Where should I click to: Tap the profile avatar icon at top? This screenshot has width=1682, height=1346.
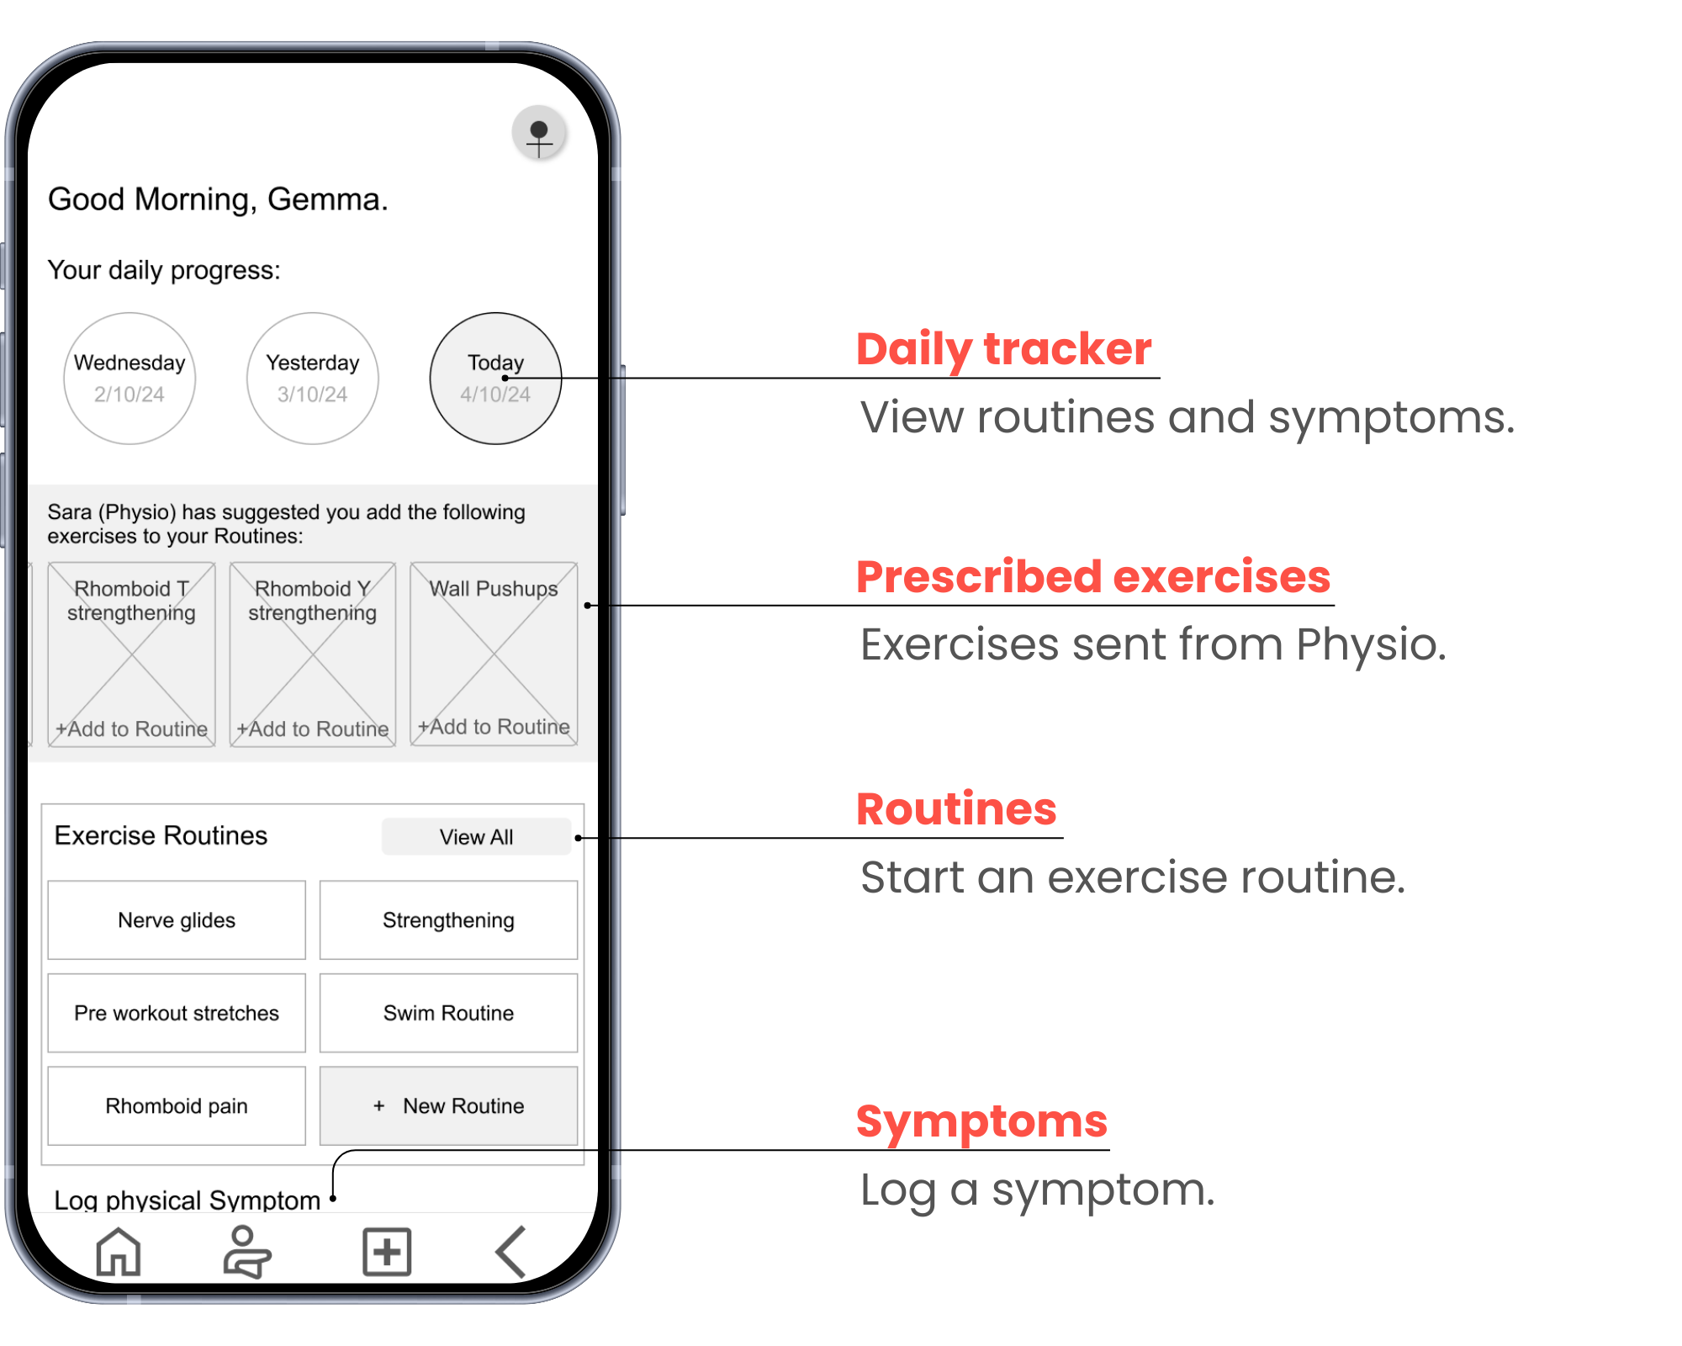pyautogui.click(x=539, y=133)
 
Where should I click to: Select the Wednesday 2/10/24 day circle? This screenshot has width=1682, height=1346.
pyautogui.click(x=130, y=379)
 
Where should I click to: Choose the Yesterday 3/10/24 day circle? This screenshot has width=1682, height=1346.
pyautogui.click(x=313, y=379)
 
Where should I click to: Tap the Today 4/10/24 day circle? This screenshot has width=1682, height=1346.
pyautogui.click(x=495, y=379)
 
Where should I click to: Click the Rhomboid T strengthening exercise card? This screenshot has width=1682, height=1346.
pyautogui.click(x=131, y=654)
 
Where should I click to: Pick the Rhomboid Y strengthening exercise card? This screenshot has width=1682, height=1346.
pyautogui.click(x=313, y=654)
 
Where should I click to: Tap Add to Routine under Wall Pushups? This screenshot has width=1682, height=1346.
pyautogui.click(x=495, y=727)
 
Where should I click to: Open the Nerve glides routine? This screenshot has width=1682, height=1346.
pyautogui.click(x=177, y=920)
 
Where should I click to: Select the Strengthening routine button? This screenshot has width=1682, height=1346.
pyautogui.click(x=448, y=920)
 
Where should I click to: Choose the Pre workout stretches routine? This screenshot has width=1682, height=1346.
pyautogui.click(x=177, y=1013)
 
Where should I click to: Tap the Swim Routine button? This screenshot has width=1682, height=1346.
pyautogui.click(x=448, y=1013)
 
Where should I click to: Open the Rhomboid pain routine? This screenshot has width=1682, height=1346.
pyautogui.click(x=177, y=1106)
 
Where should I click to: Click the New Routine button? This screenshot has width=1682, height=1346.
pyautogui.click(x=448, y=1106)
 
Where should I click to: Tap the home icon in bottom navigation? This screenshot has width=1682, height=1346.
pyautogui.click(x=119, y=1252)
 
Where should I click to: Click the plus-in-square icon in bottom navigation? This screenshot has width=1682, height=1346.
pyautogui.click(x=387, y=1252)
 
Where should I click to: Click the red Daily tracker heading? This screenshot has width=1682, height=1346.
pyautogui.click(x=1004, y=349)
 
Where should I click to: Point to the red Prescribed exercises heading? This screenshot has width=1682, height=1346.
pyautogui.click(x=1093, y=577)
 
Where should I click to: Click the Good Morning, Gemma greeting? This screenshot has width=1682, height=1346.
pyautogui.click(x=218, y=200)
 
